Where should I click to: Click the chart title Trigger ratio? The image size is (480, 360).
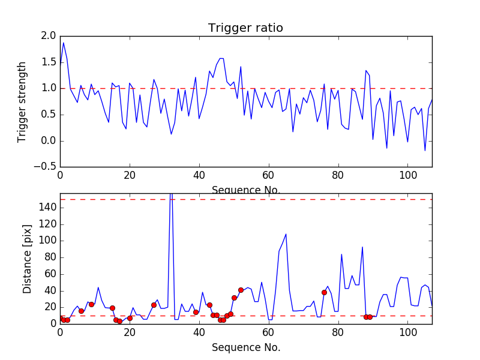tap(245, 28)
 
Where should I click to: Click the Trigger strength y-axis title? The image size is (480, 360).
tap(22, 101)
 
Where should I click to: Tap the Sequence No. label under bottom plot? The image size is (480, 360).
tap(245, 347)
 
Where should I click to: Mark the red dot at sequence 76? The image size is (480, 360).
tap(324, 292)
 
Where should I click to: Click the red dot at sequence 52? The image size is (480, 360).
tap(241, 290)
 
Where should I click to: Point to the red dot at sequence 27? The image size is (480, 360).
tap(154, 305)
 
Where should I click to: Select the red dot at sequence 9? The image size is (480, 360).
tap(91, 304)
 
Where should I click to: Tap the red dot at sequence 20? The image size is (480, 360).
tap(130, 318)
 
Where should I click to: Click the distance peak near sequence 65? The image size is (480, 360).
tap(286, 234)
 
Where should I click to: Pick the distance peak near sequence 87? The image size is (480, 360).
tap(362, 247)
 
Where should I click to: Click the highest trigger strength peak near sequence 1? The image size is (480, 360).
tap(64, 43)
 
